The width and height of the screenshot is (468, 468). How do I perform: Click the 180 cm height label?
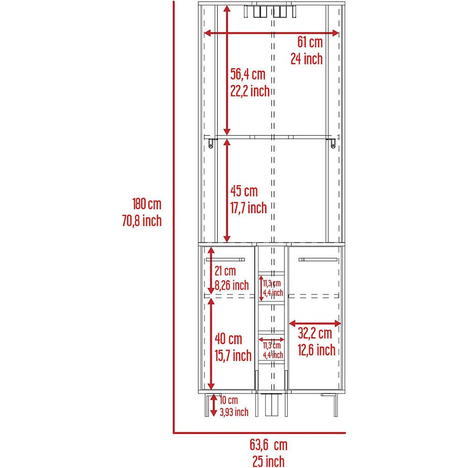[x=147, y=204]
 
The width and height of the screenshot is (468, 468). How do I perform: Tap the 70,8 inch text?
[x=142, y=221]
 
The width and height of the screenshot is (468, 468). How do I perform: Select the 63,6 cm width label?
[x=269, y=445]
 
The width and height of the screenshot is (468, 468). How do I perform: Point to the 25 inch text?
[x=269, y=461]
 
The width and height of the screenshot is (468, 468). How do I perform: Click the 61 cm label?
[x=310, y=42]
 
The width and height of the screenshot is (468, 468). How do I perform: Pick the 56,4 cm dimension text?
[x=248, y=74]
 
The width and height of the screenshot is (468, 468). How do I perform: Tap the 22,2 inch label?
[x=250, y=91]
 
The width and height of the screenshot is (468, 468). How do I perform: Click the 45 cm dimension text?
[x=244, y=191]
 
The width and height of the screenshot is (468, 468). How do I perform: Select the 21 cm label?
[x=226, y=271]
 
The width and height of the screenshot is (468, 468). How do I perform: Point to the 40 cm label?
[x=228, y=339]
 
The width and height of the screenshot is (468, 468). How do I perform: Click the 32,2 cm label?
[x=315, y=333]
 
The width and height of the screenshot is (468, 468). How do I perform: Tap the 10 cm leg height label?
[x=229, y=400]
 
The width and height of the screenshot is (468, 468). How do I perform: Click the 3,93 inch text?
[x=234, y=412]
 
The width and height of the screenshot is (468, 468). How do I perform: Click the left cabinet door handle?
[x=226, y=260]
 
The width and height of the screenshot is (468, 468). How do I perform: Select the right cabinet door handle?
[x=318, y=260]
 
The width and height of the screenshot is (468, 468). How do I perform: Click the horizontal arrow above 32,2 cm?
[x=315, y=323]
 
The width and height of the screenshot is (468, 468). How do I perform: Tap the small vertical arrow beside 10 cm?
[x=213, y=405]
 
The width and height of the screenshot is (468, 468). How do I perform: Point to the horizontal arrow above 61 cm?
[x=271, y=33]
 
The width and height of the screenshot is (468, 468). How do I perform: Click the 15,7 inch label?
[x=233, y=356]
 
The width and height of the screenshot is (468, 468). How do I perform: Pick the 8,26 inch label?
[x=232, y=285]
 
